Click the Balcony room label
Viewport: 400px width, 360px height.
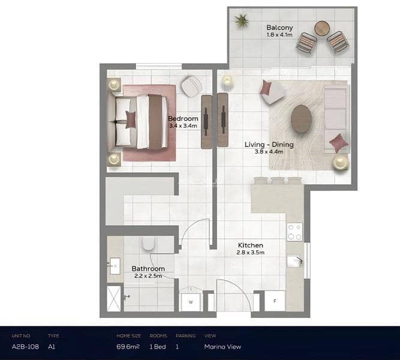(279, 28)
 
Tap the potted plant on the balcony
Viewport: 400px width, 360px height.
(241, 21)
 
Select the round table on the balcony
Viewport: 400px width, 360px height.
(322, 28)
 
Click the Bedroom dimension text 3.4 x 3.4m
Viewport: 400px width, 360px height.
(183, 126)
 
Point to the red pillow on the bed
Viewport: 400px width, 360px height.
(131, 119)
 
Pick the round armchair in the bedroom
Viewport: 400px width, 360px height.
(191, 86)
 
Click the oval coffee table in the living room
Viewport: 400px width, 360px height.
(301, 119)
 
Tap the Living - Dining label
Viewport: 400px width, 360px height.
(269, 145)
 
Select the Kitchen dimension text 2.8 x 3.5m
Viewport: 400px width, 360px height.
(250, 253)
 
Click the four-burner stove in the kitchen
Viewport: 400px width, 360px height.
(294, 232)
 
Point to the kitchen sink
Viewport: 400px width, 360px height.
(295, 261)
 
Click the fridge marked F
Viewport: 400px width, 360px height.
(275, 301)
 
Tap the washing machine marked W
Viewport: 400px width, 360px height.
(191, 302)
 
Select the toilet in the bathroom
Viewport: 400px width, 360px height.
(148, 244)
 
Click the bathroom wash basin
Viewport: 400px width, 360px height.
(115, 266)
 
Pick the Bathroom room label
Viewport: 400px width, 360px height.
(148, 269)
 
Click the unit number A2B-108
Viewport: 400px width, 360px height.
(25, 347)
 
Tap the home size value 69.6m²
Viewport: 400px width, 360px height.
(128, 346)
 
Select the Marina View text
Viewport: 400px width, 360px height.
(222, 347)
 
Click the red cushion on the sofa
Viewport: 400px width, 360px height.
(339, 143)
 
